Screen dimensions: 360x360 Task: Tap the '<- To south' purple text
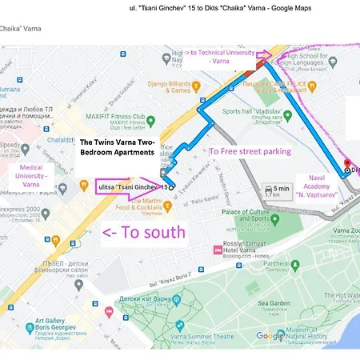(144, 233)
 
